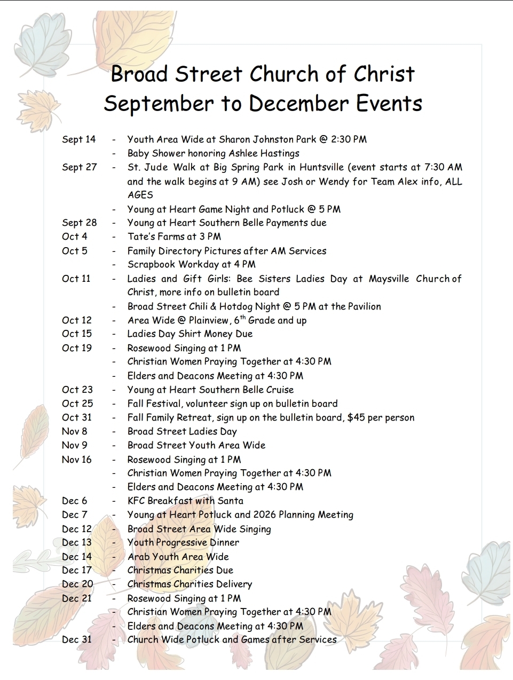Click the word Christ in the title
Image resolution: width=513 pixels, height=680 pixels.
click(x=384, y=74)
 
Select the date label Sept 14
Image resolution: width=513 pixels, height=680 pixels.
click(x=78, y=139)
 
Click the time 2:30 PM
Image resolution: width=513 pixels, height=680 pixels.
click(x=349, y=139)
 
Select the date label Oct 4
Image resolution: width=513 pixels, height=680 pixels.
click(x=75, y=236)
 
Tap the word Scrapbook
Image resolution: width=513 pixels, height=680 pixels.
click(x=152, y=264)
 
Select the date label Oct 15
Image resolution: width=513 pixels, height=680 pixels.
click(x=77, y=334)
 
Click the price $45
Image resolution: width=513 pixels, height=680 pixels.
click(x=356, y=417)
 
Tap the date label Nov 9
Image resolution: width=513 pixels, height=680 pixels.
click(x=75, y=445)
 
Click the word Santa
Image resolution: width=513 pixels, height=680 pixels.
click(x=230, y=501)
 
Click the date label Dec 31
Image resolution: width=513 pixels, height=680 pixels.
click(x=77, y=639)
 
